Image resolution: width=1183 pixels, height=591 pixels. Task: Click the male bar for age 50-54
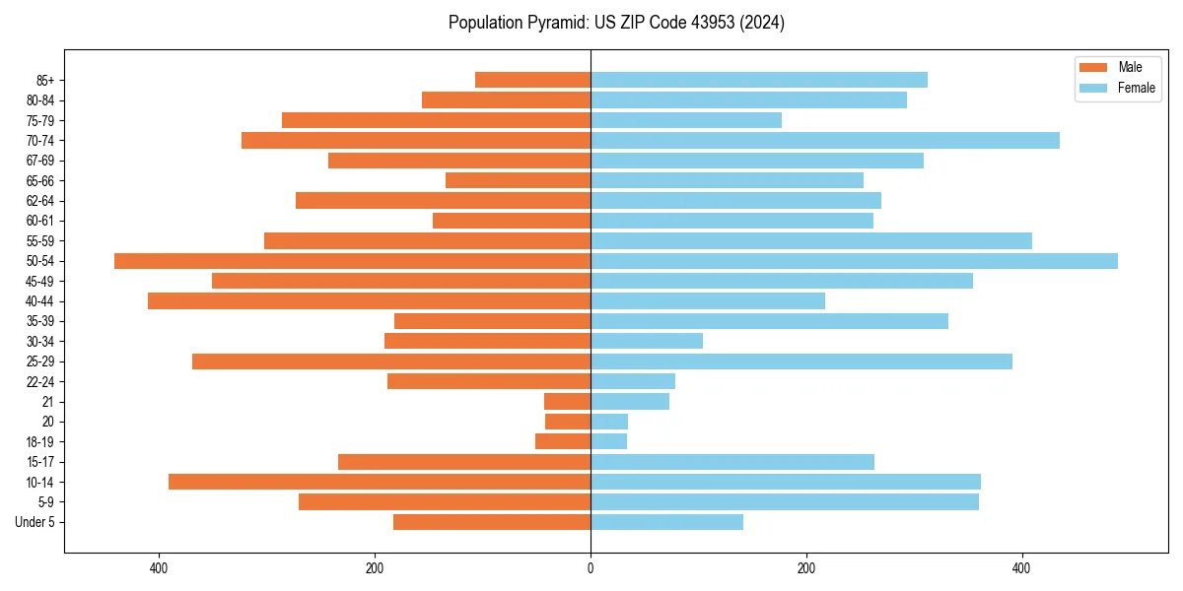pyautogui.click(x=352, y=261)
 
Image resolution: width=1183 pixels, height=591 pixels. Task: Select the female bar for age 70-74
pyautogui.click(x=825, y=141)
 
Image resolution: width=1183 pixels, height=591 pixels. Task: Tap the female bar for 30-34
pyautogui.click(x=647, y=341)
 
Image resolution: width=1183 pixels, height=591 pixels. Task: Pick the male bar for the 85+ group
pyautogui.click(x=532, y=80)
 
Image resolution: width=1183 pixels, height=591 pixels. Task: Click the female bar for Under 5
pyautogui.click(x=666, y=522)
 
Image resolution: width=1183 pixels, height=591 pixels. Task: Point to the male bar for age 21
pyautogui.click(x=567, y=402)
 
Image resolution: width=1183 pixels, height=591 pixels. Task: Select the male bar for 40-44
pyautogui.click(x=369, y=300)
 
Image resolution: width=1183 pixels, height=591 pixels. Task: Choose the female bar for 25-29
pyautogui.click(x=801, y=361)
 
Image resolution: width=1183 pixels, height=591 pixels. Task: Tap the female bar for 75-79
pyautogui.click(x=686, y=120)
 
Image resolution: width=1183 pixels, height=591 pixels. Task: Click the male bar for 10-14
pyautogui.click(x=380, y=482)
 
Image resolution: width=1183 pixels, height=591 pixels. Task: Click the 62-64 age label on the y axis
pyautogui.click(x=40, y=201)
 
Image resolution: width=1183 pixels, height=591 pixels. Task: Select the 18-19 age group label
pyautogui.click(x=40, y=442)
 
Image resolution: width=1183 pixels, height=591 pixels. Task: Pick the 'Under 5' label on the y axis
pyautogui.click(x=35, y=522)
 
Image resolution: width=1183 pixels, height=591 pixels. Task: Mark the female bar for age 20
pyautogui.click(x=609, y=422)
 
